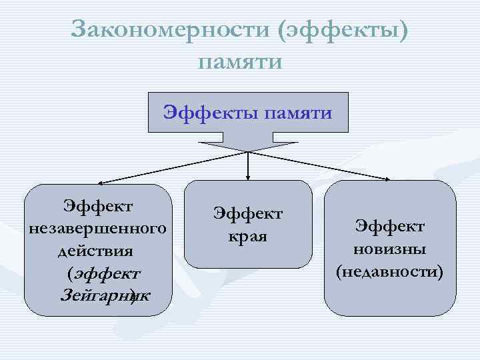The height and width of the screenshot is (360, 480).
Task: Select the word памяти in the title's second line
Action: tap(240, 62)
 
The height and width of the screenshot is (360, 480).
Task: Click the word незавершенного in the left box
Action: tap(97, 229)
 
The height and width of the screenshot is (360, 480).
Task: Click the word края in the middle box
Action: tap(248, 236)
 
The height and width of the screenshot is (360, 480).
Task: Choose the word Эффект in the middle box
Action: tap(248, 213)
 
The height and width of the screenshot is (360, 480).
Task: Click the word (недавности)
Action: tap(390, 271)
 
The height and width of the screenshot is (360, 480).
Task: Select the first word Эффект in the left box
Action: tap(97, 204)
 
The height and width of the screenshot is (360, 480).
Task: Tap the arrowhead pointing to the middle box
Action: tap(248, 178)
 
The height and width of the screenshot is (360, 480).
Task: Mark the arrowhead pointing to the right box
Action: tap(389, 179)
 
